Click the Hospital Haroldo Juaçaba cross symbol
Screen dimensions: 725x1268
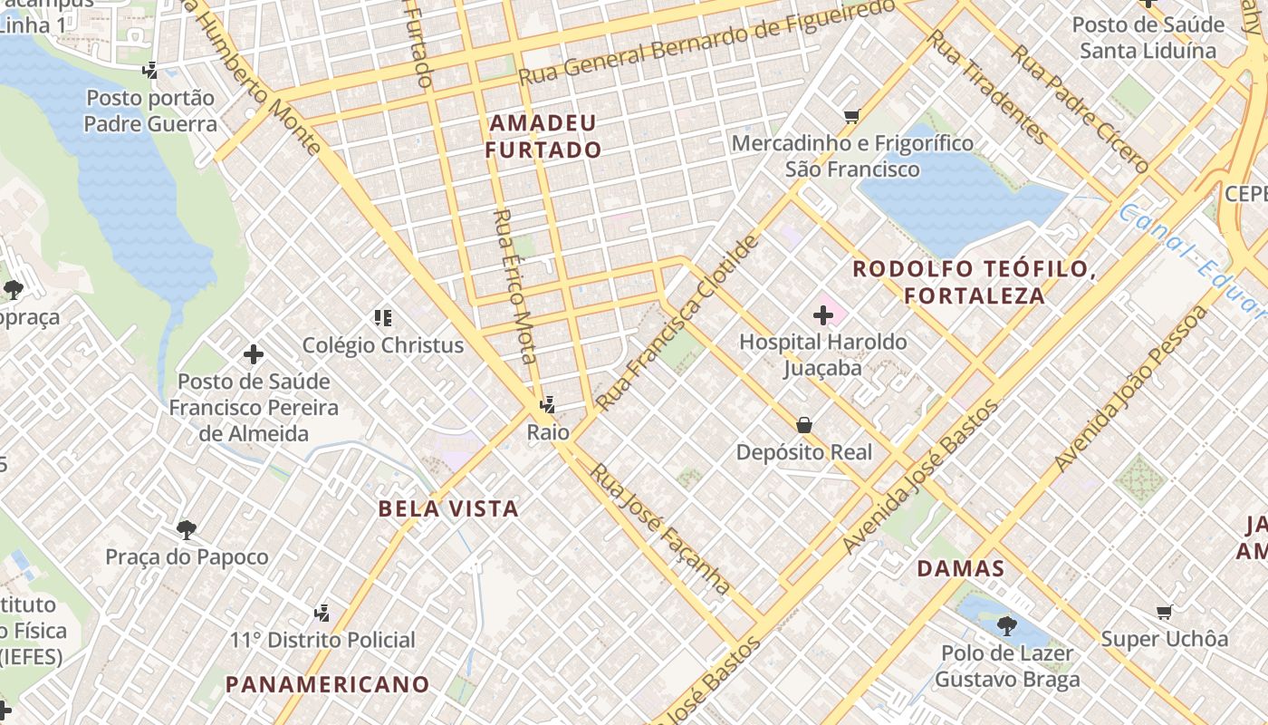point(823,315)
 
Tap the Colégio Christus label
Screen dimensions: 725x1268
point(382,345)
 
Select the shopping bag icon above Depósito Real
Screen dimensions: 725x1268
point(803,425)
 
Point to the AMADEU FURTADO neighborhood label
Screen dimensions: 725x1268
point(543,137)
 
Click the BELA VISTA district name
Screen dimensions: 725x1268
point(448,508)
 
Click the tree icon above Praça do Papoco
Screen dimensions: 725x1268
point(187,529)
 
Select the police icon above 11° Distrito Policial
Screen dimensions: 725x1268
point(322,614)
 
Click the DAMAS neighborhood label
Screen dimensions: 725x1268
point(961,569)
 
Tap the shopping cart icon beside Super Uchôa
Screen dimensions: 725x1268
point(1164,613)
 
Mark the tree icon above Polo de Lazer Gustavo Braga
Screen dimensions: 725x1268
point(1006,625)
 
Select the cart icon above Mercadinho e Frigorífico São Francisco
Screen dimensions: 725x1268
point(851,116)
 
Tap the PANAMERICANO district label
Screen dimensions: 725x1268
point(327,684)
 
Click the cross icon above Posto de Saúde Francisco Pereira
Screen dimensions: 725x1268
point(254,354)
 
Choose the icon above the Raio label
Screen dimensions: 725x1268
point(546,405)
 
